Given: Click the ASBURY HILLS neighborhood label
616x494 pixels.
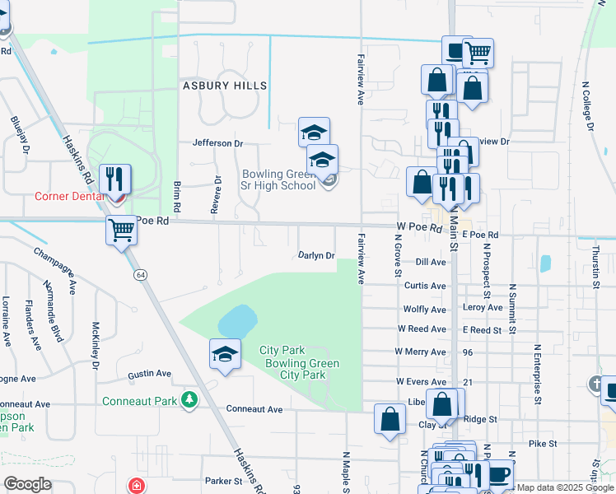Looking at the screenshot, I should click(224, 86).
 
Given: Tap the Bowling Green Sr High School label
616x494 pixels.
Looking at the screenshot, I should click(278, 179).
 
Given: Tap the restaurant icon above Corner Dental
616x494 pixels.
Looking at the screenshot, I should click(114, 178).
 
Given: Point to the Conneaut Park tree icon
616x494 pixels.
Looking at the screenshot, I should click(190, 399).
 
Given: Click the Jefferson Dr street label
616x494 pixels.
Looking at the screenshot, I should click(217, 143).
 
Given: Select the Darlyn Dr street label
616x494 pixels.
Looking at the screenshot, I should click(316, 255).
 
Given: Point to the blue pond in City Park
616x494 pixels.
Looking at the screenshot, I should click(236, 321).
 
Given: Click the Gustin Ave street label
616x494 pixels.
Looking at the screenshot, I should click(149, 374).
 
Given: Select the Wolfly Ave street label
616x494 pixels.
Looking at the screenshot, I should click(424, 310).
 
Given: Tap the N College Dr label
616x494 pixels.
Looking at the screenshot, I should click(588, 105).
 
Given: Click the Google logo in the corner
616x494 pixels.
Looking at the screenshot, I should click(26, 484).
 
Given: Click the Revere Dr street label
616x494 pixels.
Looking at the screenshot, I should click(217, 195).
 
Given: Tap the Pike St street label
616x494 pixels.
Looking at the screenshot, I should click(543, 443).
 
